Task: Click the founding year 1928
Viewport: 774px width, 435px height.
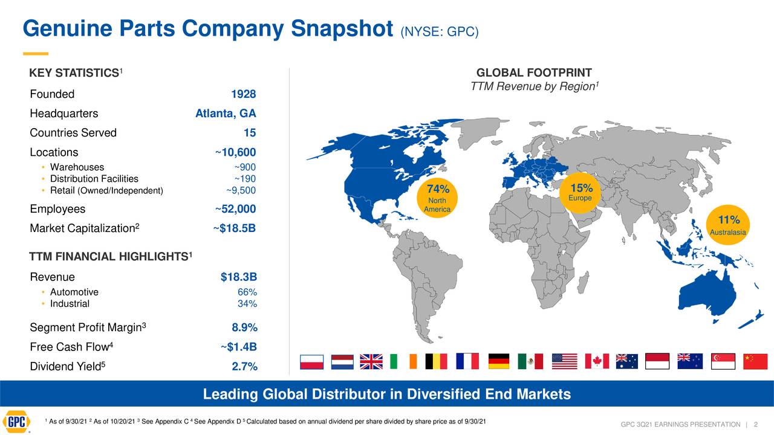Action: click(x=243, y=95)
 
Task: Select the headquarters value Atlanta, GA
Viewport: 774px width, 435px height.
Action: click(x=226, y=114)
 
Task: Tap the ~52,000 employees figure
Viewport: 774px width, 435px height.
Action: click(x=235, y=210)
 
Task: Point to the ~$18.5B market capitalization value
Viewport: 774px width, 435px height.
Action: click(x=234, y=229)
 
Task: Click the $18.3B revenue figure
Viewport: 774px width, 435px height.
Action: click(x=239, y=277)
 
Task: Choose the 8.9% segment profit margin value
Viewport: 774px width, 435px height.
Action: click(x=244, y=328)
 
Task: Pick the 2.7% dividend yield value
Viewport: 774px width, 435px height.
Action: click(x=244, y=367)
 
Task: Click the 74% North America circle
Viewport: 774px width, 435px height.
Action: click(x=437, y=198)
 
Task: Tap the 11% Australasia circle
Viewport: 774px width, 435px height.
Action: click(x=728, y=226)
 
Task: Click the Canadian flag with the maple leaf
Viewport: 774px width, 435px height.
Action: click(x=597, y=361)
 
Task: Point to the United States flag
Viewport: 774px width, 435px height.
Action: click(x=565, y=361)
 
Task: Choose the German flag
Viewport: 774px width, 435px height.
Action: click(x=498, y=361)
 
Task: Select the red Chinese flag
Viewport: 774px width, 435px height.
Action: click(x=755, y=361)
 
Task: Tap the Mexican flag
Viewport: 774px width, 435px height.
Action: click(x=530, y=361)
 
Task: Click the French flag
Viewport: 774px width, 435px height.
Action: click(x=467, y=361)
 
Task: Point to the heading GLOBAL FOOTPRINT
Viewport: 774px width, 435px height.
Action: click(x=534, y=72)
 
